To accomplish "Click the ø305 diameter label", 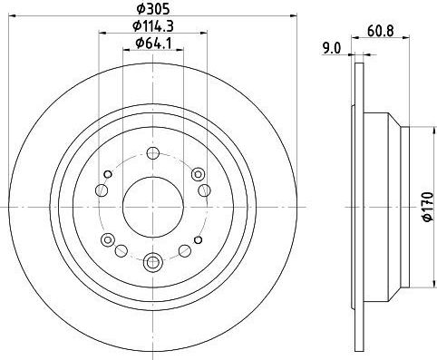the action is coord(153,9).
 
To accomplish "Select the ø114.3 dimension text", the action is coord(153,26).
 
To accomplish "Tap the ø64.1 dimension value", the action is coord(153,44).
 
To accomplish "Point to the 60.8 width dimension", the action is coord(381,31).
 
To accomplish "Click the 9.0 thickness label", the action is coord(332,48).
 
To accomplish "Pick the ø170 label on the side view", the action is coord(429,207).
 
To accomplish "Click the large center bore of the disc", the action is coord(153,207).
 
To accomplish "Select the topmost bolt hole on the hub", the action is coord(153,153).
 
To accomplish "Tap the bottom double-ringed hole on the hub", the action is coord(153,261).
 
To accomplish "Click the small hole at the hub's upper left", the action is coord(108,174).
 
